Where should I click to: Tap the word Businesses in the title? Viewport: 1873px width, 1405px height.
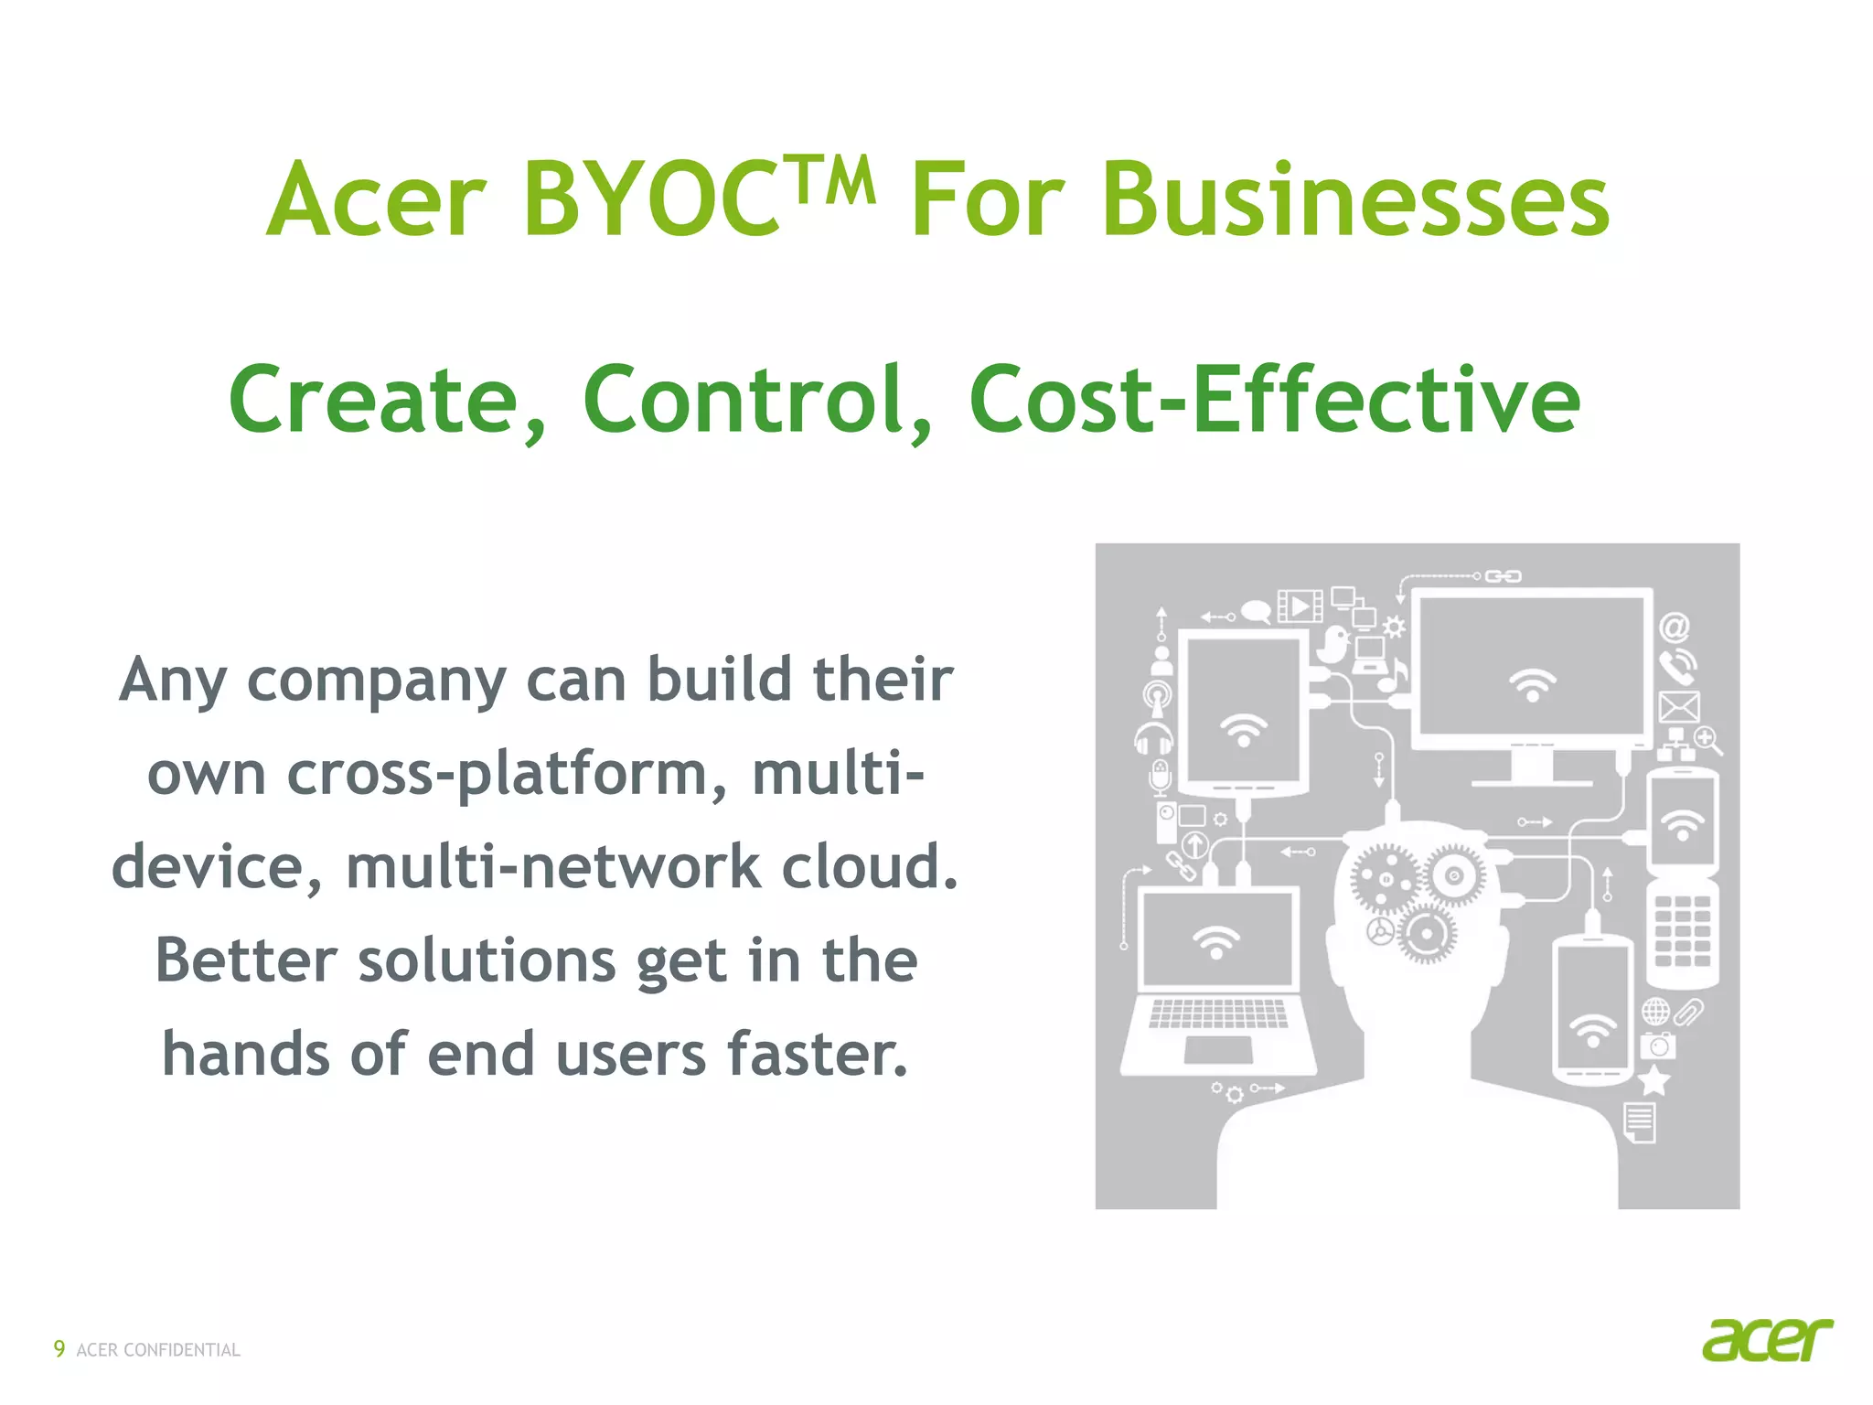(1260, 199)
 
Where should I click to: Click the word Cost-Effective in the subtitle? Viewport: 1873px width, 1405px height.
(1274, 400)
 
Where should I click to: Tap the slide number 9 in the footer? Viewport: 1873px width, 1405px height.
(59, 1348)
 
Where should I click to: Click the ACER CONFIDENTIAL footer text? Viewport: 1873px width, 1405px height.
(158, 1350)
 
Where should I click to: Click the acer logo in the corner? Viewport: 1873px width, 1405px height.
(1767, 1341)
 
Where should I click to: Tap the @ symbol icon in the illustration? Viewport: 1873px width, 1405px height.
(1675, 627)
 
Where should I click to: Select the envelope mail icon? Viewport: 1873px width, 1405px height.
(1679, 707)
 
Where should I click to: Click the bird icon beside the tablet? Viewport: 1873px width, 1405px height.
(1335, 644)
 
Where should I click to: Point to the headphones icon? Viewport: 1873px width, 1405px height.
(1154, 737)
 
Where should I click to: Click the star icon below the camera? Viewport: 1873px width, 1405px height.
(1654, 1081)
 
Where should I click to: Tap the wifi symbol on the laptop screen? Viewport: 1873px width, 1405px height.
(1216, 941)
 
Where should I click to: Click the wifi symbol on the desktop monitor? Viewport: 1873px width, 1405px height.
(1533, 684)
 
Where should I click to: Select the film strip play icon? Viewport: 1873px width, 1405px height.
(1300, 606)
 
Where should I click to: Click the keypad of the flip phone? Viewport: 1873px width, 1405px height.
(1682, 931)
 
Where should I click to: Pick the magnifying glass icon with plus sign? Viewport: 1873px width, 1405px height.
(1707, 739)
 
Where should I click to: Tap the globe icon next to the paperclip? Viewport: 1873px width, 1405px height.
(1655, 1012)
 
